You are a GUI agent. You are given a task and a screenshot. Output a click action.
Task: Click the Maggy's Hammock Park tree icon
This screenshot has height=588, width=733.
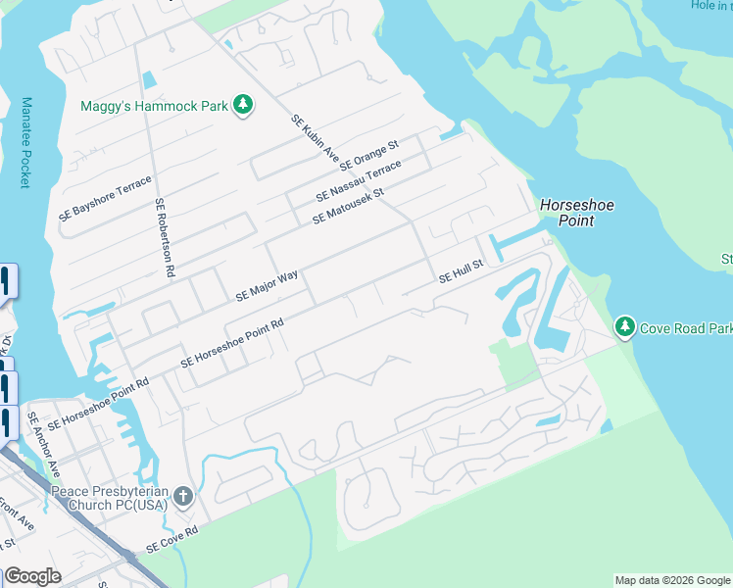pyautogui.click(x=243, y=105)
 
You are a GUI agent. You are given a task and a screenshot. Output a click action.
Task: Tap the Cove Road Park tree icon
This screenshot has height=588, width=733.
pyautogui.click(x=624, y=326)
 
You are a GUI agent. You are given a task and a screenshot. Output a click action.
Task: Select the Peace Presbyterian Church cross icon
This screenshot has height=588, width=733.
pyautogui.click(x=182, y=497)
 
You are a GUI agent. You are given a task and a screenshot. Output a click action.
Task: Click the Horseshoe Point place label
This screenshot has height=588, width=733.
pyautogui.click(x=566, y=213)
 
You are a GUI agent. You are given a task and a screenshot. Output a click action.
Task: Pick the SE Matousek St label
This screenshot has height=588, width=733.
pyautogui.click(x=349, y=206)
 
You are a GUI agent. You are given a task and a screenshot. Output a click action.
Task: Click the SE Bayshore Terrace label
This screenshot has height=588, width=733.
pyautogui.click(x=106, y=197)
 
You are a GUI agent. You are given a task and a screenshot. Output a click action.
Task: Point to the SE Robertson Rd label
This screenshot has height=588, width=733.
pyautogui.click(x=164, y=235)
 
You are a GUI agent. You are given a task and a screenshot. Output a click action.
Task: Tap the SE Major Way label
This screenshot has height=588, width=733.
pyautogui.click(x=267, y=286)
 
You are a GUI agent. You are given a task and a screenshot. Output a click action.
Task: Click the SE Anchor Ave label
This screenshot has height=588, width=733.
pyautogui.click(x=45, y=437)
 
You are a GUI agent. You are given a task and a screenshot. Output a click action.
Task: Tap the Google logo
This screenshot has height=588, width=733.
pyautogui.click(x=32, y=576)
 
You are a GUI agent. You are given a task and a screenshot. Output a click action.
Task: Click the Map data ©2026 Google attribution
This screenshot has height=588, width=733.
pyautogui.click(x=671, y=580)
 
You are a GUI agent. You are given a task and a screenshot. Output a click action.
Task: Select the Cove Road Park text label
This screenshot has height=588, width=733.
pyautogui.click(x=686, y=328)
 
